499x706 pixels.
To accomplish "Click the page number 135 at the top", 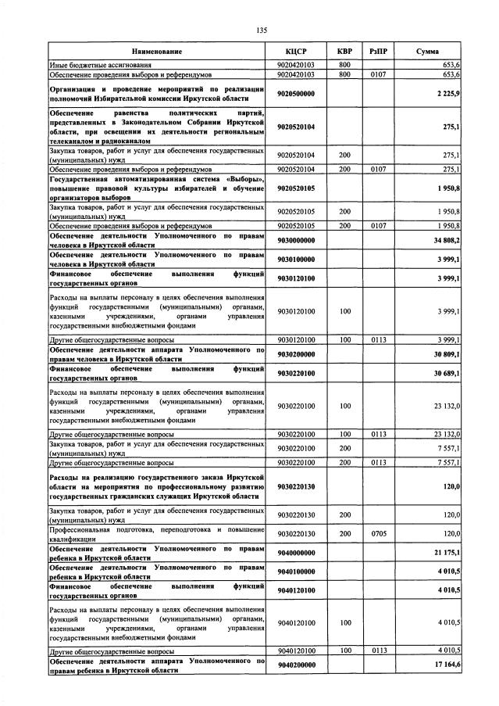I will tap(262, 30).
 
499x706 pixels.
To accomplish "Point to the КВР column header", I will tap(344, 51).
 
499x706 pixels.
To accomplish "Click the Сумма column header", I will tap(427, 51).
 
